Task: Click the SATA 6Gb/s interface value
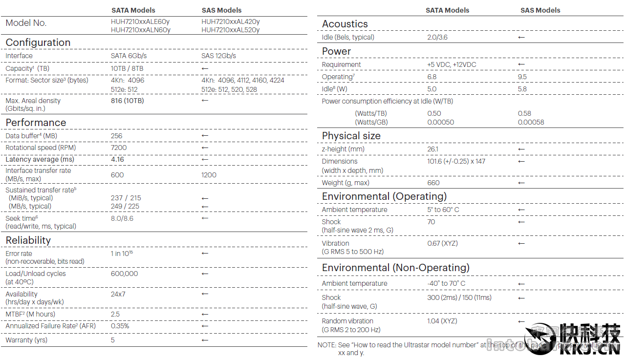(129, 56)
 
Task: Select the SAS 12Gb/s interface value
(218, 56)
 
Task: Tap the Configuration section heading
(38, 42)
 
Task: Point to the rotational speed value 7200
(119, 148)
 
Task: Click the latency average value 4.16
(117, 159)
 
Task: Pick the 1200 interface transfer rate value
(209, 175)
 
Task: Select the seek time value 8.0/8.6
(122, 218)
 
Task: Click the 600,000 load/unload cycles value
(125, 274)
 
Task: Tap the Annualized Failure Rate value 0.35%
(120, 326)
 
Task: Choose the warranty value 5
(113, 340)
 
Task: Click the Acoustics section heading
(345, 24)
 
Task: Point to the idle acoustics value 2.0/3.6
(437, 37)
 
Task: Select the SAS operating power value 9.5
(522, 77)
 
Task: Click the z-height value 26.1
(433, 149)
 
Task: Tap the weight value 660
(433, 183)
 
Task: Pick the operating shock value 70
(431, 222)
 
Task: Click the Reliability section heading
(28, 240)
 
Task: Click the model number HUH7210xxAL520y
(230, 30)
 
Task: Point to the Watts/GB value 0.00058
(531, 122)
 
